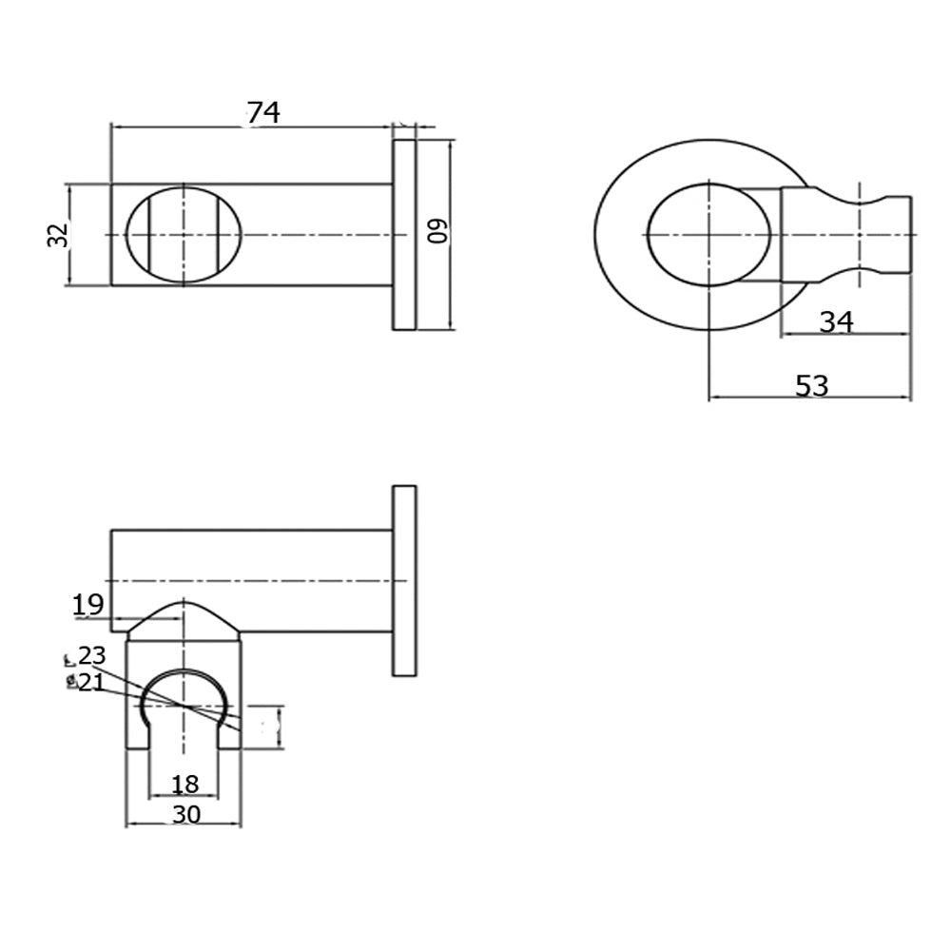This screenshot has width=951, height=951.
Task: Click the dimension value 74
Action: (263, 113)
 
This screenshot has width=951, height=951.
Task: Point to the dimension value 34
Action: (836, 322)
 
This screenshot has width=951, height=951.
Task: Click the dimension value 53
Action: (811, 386)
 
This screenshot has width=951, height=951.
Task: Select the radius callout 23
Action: (92, 655)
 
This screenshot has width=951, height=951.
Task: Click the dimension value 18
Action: (184, 784)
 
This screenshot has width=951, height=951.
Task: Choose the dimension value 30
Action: (184, 814)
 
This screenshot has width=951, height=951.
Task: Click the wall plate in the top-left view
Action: (404, 235)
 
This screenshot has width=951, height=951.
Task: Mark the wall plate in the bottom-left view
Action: (404, 580)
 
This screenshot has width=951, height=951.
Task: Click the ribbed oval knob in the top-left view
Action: (184, 234)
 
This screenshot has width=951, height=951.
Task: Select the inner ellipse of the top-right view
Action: (709, 234)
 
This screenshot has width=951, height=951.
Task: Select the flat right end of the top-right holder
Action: (909, 234)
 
